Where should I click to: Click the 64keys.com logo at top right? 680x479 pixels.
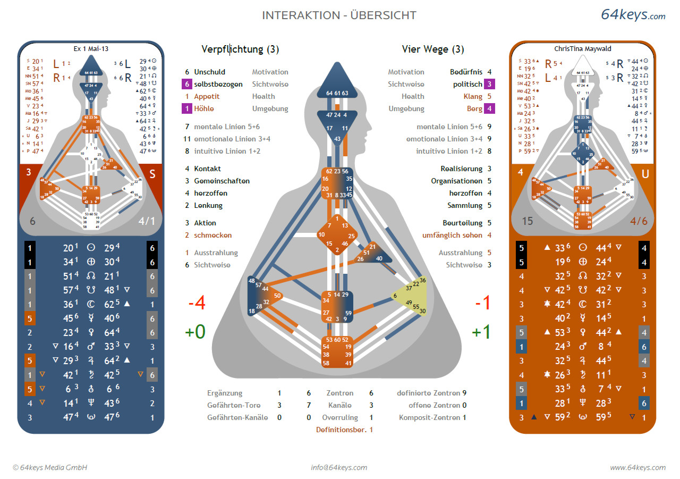(x=633, y=15)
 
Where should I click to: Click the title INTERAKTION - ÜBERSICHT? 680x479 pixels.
(x=339, y=15)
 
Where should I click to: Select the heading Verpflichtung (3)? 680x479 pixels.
(x=240, y=49)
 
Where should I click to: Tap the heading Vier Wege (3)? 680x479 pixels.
(x=432, y=49)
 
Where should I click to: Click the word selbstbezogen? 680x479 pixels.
(x=218, y=84)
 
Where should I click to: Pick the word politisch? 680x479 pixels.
(x=467, y=84)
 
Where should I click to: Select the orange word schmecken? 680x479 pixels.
(x=212, y=235)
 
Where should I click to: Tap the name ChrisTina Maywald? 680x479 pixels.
(x=583, y=48)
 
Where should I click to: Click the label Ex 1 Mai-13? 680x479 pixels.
(x=91, y=48)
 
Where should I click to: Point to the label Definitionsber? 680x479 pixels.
(x=341, y=430)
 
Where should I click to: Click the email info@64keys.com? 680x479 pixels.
(x=339, y=468)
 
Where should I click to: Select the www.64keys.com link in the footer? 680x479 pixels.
(x=637, y=468)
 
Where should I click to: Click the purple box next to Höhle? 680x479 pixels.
(x=186, y=108)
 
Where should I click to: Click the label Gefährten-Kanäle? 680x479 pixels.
(x=237, y=417)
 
